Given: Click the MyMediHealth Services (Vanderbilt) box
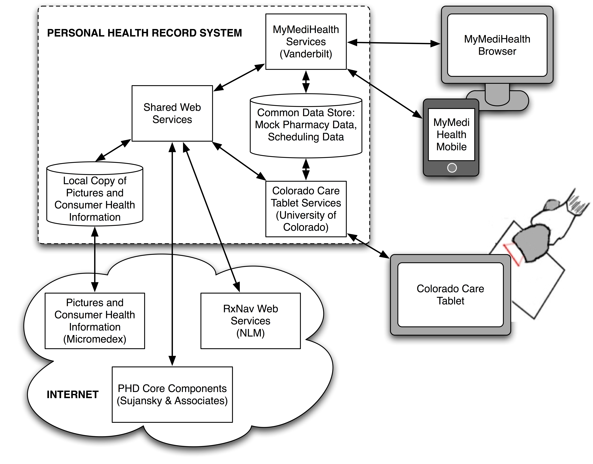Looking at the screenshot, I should pos(306,42).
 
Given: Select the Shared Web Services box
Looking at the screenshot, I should pos(172,113).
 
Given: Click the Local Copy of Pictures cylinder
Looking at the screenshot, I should pos(95,199).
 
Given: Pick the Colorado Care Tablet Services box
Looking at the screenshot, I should pos(306,209).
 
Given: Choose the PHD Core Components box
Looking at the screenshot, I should pos(172,394).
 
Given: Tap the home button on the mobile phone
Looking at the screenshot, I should pos(452,168).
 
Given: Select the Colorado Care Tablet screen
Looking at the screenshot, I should pos(450,295).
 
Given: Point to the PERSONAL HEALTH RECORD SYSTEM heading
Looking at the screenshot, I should pos(144,33).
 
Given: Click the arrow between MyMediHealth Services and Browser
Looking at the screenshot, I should pos(394,43).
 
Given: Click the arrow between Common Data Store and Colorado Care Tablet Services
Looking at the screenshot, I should pos(306,169).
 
